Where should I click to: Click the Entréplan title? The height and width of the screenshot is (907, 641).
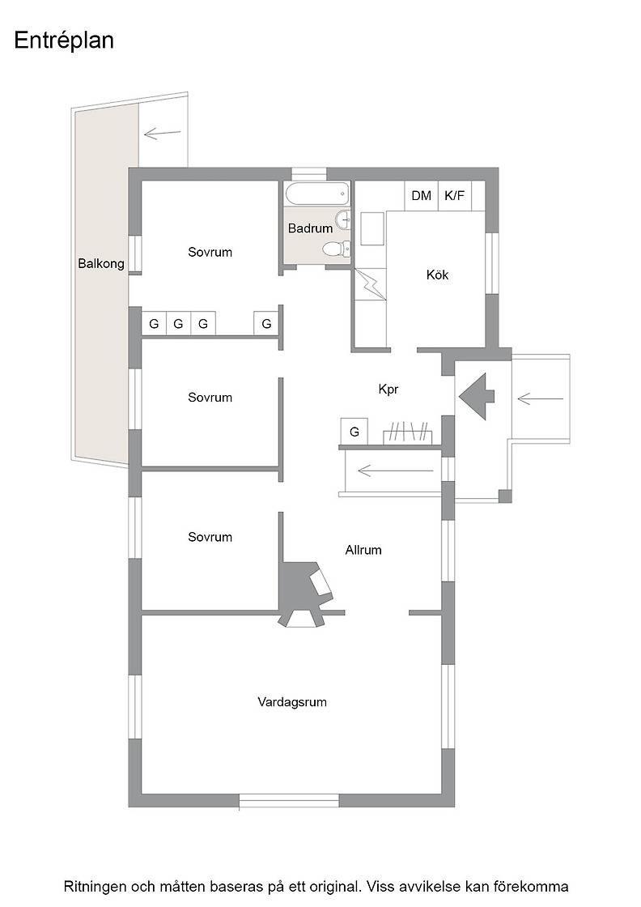point(64,41)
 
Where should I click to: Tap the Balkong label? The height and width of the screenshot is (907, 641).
point(101,264)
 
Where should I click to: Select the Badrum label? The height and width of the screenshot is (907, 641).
point(311,228)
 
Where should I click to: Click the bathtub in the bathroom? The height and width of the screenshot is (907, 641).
point(317,194)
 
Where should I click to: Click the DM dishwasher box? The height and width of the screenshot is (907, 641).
point(422,195)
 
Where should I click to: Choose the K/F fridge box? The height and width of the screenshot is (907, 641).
point(454,195)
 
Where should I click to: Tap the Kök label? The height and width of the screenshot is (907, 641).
point(438,275)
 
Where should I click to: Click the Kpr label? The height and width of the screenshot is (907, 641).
point(388,390)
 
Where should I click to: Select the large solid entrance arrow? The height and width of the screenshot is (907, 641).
point(477,396)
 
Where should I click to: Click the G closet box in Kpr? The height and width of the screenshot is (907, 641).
point(354,432)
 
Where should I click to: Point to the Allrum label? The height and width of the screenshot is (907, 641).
point(363,550)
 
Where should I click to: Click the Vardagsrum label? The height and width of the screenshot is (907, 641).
point(292,702)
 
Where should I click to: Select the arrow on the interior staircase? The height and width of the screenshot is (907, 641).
point(395,471)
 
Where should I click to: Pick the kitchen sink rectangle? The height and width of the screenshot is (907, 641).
point(372,228)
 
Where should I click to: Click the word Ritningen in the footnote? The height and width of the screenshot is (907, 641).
point(95,887)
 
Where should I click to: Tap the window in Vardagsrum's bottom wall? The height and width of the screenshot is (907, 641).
point(289,801)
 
